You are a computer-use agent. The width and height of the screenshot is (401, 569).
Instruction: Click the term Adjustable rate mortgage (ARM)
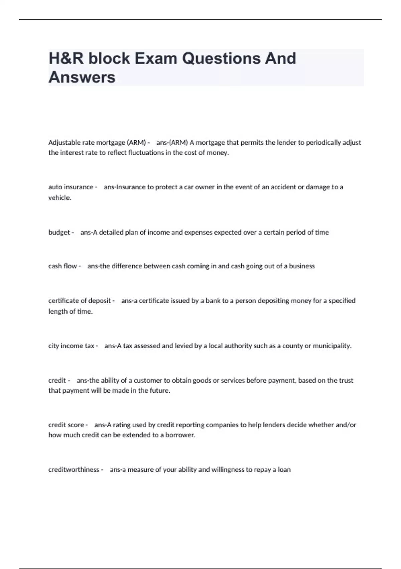click(x=97, y=143)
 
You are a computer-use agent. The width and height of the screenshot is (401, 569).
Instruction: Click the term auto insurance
click(x=71, y=187)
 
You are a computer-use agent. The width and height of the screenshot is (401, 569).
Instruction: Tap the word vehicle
click(x=59, y=198)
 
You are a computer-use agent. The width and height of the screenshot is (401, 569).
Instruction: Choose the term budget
click(x=59, y=232)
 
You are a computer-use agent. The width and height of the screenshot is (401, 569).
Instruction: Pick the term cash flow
click(x=62, y=266)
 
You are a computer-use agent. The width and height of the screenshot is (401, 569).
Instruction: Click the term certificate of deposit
click(x=80, y=301)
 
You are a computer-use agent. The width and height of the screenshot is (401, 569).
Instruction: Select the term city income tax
click(x=71, y=346)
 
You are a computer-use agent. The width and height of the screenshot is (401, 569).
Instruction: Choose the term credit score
click(x=66, y=425)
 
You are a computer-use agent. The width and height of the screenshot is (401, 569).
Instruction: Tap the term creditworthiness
click(x=74, y=470)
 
